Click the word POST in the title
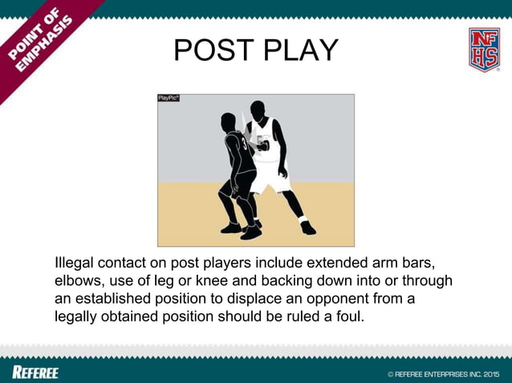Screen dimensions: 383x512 click(x=213, y=50)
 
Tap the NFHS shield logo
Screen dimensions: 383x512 click(x=484, y=50)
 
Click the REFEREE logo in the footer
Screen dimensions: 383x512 click(x=35, y=372)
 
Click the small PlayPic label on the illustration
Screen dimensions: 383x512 click(x=168, y=98)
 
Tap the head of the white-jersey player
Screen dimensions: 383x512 click(x=257, y=110)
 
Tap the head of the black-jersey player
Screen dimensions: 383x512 click(x=229, y=121)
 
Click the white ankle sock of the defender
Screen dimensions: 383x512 click(x=303, y=219)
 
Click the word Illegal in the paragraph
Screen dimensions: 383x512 click(x=75, y=263)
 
